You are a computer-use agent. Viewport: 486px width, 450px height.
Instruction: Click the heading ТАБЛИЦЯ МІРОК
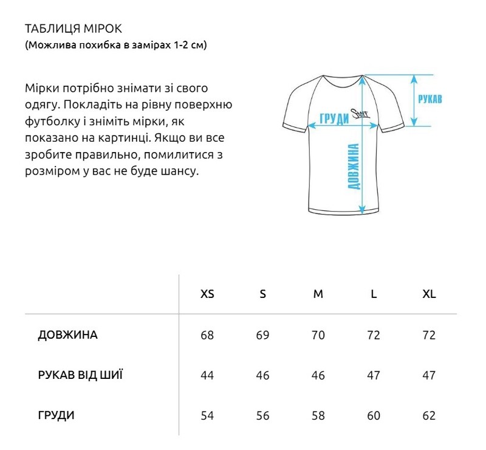point(74,29)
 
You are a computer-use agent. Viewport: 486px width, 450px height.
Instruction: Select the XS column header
point(207,294)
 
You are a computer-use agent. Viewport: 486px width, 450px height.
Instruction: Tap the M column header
point(318,294)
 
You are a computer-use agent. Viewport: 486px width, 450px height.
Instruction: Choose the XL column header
point(429,294)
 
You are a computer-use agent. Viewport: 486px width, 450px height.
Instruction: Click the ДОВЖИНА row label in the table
point(67,335)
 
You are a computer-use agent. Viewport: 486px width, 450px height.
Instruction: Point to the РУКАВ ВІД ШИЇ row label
point(80,375)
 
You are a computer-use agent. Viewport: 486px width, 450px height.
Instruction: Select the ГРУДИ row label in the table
point(56,416)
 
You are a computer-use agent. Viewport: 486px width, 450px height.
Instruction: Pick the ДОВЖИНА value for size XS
point(207,336)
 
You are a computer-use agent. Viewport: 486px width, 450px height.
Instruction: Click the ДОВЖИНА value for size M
point(318,336)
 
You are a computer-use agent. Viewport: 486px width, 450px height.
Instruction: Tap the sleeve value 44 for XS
point(207,376)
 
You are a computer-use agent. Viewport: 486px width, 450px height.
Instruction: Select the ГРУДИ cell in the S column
point(262,417)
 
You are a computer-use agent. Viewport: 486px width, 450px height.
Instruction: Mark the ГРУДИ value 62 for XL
point(429,417)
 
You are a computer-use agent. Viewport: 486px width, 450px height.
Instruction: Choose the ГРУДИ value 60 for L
point(374,417)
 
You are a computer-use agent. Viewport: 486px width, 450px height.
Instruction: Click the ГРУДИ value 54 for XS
point(207,417)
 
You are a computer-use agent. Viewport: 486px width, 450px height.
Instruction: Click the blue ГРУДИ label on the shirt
point(334,118)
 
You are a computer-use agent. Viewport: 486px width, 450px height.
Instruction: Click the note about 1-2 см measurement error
point(116,46)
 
